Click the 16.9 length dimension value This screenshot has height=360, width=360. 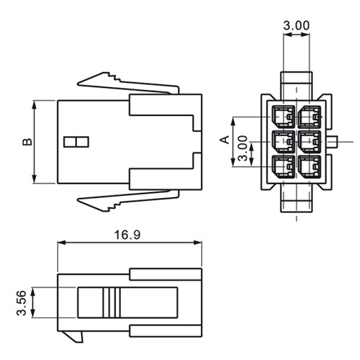point(127,235)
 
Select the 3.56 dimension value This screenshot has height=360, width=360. point(21,303)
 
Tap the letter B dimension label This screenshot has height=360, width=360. point(27,142)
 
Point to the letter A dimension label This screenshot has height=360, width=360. point(225,140)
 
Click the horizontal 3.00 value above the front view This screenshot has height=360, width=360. point(297,25)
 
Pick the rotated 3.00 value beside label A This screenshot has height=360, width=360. point(243,148)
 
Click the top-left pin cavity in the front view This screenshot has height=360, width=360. point(284,117)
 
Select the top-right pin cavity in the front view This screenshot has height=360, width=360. point(310,117)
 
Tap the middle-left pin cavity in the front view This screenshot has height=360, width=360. point(284,142)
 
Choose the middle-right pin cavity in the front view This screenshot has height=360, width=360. point(310,142)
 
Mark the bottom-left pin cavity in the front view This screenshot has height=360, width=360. point(284,167)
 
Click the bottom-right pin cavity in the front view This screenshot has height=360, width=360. point(310,167)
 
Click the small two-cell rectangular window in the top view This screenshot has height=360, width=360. point(76,142)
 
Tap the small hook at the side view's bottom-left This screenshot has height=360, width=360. point(73,336)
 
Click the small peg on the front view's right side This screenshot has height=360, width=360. point(333,142)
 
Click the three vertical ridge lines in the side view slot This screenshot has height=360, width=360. point(112,302)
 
